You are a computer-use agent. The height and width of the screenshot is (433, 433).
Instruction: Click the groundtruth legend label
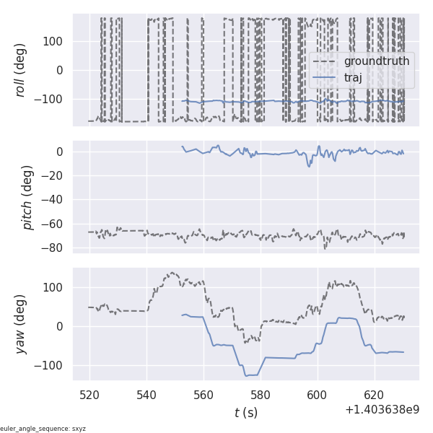377,61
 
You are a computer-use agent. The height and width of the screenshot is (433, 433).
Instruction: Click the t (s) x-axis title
245,413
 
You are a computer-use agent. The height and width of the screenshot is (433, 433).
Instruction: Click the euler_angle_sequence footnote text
43,429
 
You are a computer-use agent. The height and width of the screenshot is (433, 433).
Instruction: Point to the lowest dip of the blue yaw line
246,376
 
